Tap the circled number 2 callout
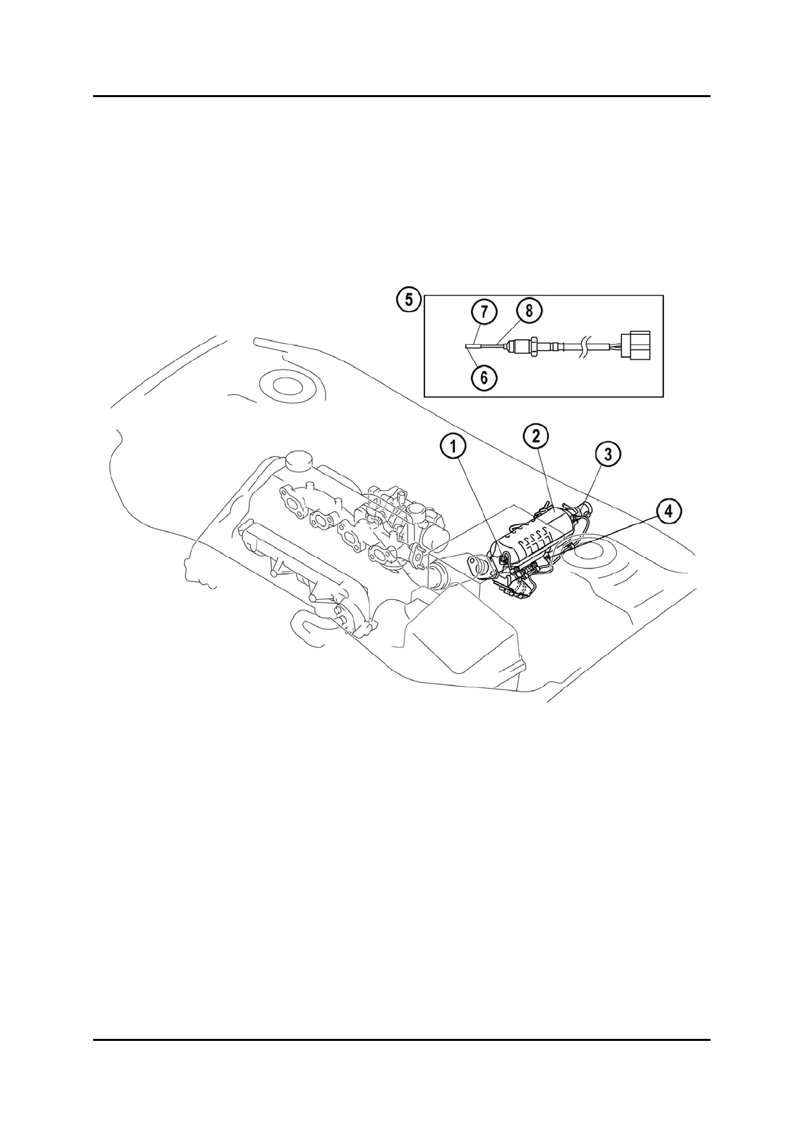(536, 436)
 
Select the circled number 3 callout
(608, 454)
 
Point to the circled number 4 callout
(668, 511)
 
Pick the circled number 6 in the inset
(484, 378)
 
